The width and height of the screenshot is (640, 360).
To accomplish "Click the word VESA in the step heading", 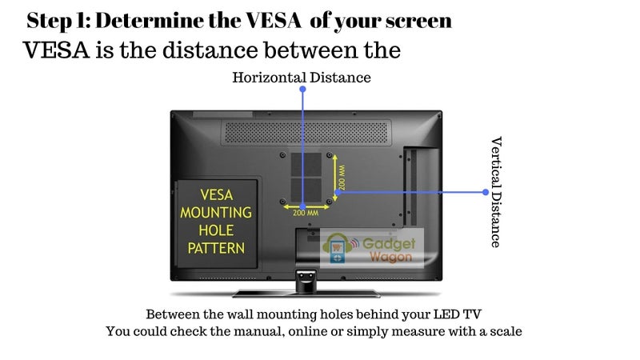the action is [274, 21].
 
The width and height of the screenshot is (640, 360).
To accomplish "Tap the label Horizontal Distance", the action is [302, 78].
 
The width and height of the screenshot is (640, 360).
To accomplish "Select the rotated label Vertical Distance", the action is [496, 192].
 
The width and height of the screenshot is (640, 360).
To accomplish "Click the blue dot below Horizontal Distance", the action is [302, 89].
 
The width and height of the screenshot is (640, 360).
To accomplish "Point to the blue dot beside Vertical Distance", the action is [486, 192].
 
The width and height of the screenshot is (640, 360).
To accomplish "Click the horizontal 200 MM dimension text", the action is [306, 213].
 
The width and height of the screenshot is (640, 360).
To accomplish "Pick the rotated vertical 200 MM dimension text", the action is [342, 178].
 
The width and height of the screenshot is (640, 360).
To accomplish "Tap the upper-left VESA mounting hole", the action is [283, 155].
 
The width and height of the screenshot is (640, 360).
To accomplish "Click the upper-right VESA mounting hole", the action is [330, 155].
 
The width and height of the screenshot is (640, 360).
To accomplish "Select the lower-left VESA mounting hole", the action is [283, 202].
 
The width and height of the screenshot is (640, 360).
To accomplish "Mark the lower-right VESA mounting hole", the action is [330, 202].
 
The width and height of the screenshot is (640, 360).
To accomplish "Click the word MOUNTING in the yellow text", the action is [216, 213].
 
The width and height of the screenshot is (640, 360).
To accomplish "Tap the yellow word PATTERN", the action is [216, 248].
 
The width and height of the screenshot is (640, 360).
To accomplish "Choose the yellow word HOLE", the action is [216, 230].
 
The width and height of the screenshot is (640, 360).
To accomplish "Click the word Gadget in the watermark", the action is [389, 244].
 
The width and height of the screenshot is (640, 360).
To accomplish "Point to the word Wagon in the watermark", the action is [390, 257].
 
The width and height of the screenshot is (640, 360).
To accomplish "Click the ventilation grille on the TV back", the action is [306, 133].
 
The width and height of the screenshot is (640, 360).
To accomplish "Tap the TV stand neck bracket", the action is [306, 281].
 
